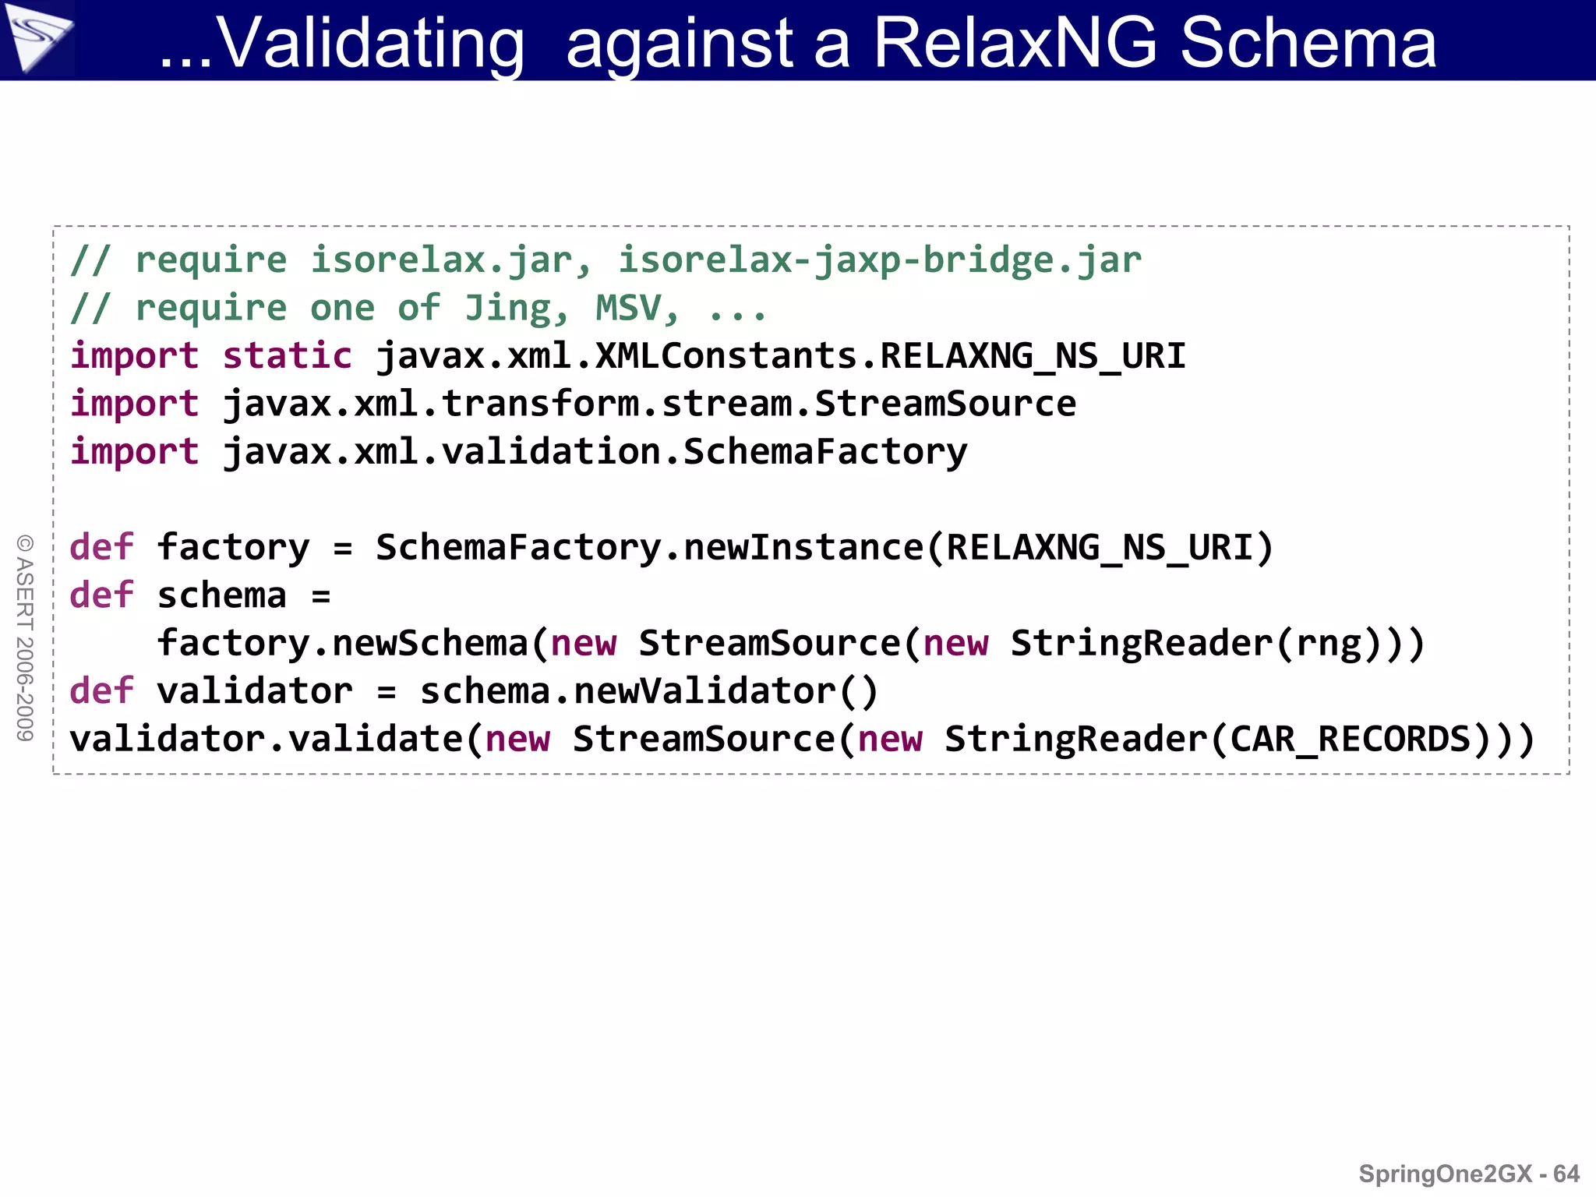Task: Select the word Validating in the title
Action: coord(370,45)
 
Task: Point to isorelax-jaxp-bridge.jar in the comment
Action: coord(880,260)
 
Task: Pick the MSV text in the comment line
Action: coord(628,309)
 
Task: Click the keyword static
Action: coord(287,356)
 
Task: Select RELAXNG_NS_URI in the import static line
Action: coord(1033,356)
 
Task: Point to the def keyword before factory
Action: coord(101,548)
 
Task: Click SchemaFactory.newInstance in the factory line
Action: coord(649,548)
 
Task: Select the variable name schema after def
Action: coord(222,596)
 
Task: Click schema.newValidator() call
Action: coord(649,692)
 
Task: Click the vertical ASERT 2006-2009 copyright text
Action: coord(25,637)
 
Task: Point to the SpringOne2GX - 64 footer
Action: coord(1468,1174)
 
